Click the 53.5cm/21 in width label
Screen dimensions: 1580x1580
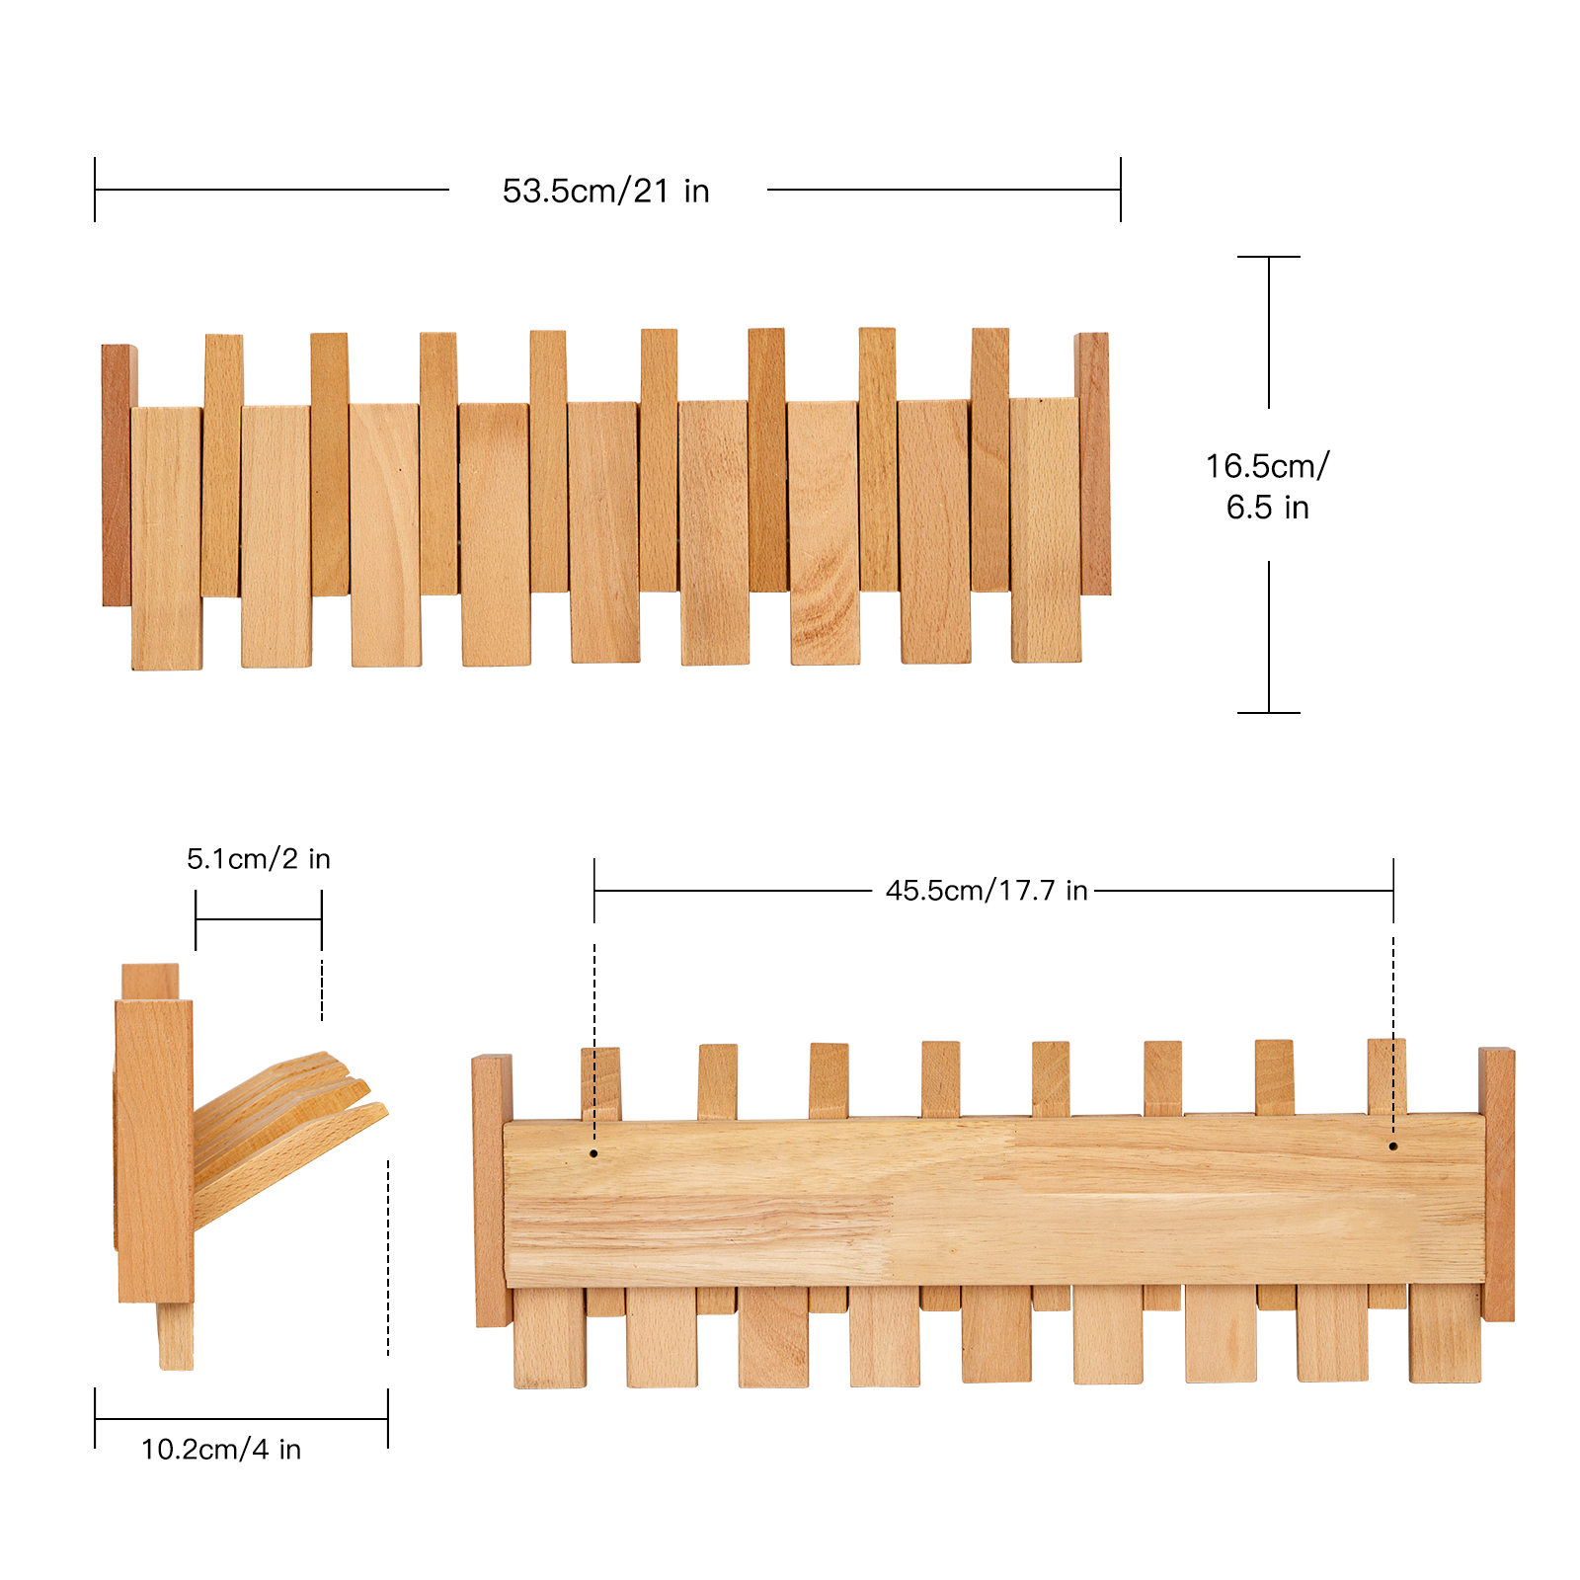(x=605, y=191)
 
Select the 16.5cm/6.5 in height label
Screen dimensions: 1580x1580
(x=1268, y=486)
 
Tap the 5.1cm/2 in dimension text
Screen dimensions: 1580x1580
(x=258, y=859)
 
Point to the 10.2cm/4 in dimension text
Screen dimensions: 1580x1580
(x=221, y=1449)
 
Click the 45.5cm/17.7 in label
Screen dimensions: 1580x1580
(x=987, y=891)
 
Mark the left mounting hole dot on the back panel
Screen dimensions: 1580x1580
(x=593, y=1153)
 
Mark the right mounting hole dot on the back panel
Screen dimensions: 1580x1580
(x=1392, y=1146)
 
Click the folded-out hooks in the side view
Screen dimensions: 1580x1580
(x=286, y=1136)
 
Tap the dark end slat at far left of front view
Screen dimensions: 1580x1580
(x=118, y=475)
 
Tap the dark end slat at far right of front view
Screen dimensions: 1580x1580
(x=1093, y=464)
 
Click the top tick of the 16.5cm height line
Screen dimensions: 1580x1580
(x=1269, y=257)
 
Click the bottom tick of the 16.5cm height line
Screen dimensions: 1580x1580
(x=1269, y=712)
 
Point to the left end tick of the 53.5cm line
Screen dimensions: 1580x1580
(x=95, y=190)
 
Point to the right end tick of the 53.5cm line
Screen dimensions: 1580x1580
(x=1121, y=190)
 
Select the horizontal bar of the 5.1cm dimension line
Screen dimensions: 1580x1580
(x=259, y=919)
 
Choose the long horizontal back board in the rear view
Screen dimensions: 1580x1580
(x=994, y=1202)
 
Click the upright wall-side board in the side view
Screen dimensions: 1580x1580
(x=155, y=1151)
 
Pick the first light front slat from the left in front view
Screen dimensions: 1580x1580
(x=167, y=538)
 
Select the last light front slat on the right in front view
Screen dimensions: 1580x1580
(x=1046, y=530)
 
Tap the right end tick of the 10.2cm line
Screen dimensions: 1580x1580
(x=388, y=1419)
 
